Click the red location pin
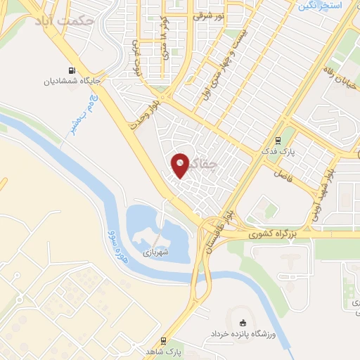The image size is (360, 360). point(181,165)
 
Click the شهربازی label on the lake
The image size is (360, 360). point(156,250)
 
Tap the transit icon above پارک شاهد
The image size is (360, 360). point(164,341)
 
